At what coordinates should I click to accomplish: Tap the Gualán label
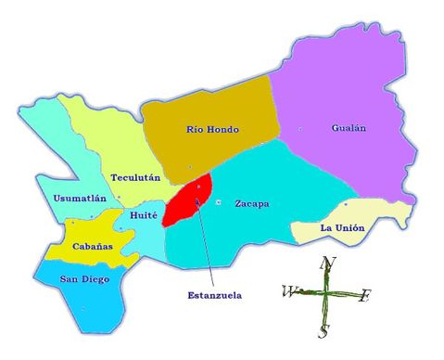349,129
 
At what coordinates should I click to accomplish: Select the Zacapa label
251,203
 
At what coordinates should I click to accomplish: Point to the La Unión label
341,227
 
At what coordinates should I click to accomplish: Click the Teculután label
135,176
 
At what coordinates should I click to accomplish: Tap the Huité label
145,215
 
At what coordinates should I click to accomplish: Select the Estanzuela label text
214,295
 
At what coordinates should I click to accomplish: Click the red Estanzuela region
192,197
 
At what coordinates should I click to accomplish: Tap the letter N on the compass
326,264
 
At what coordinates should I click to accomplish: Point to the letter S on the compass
323,331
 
